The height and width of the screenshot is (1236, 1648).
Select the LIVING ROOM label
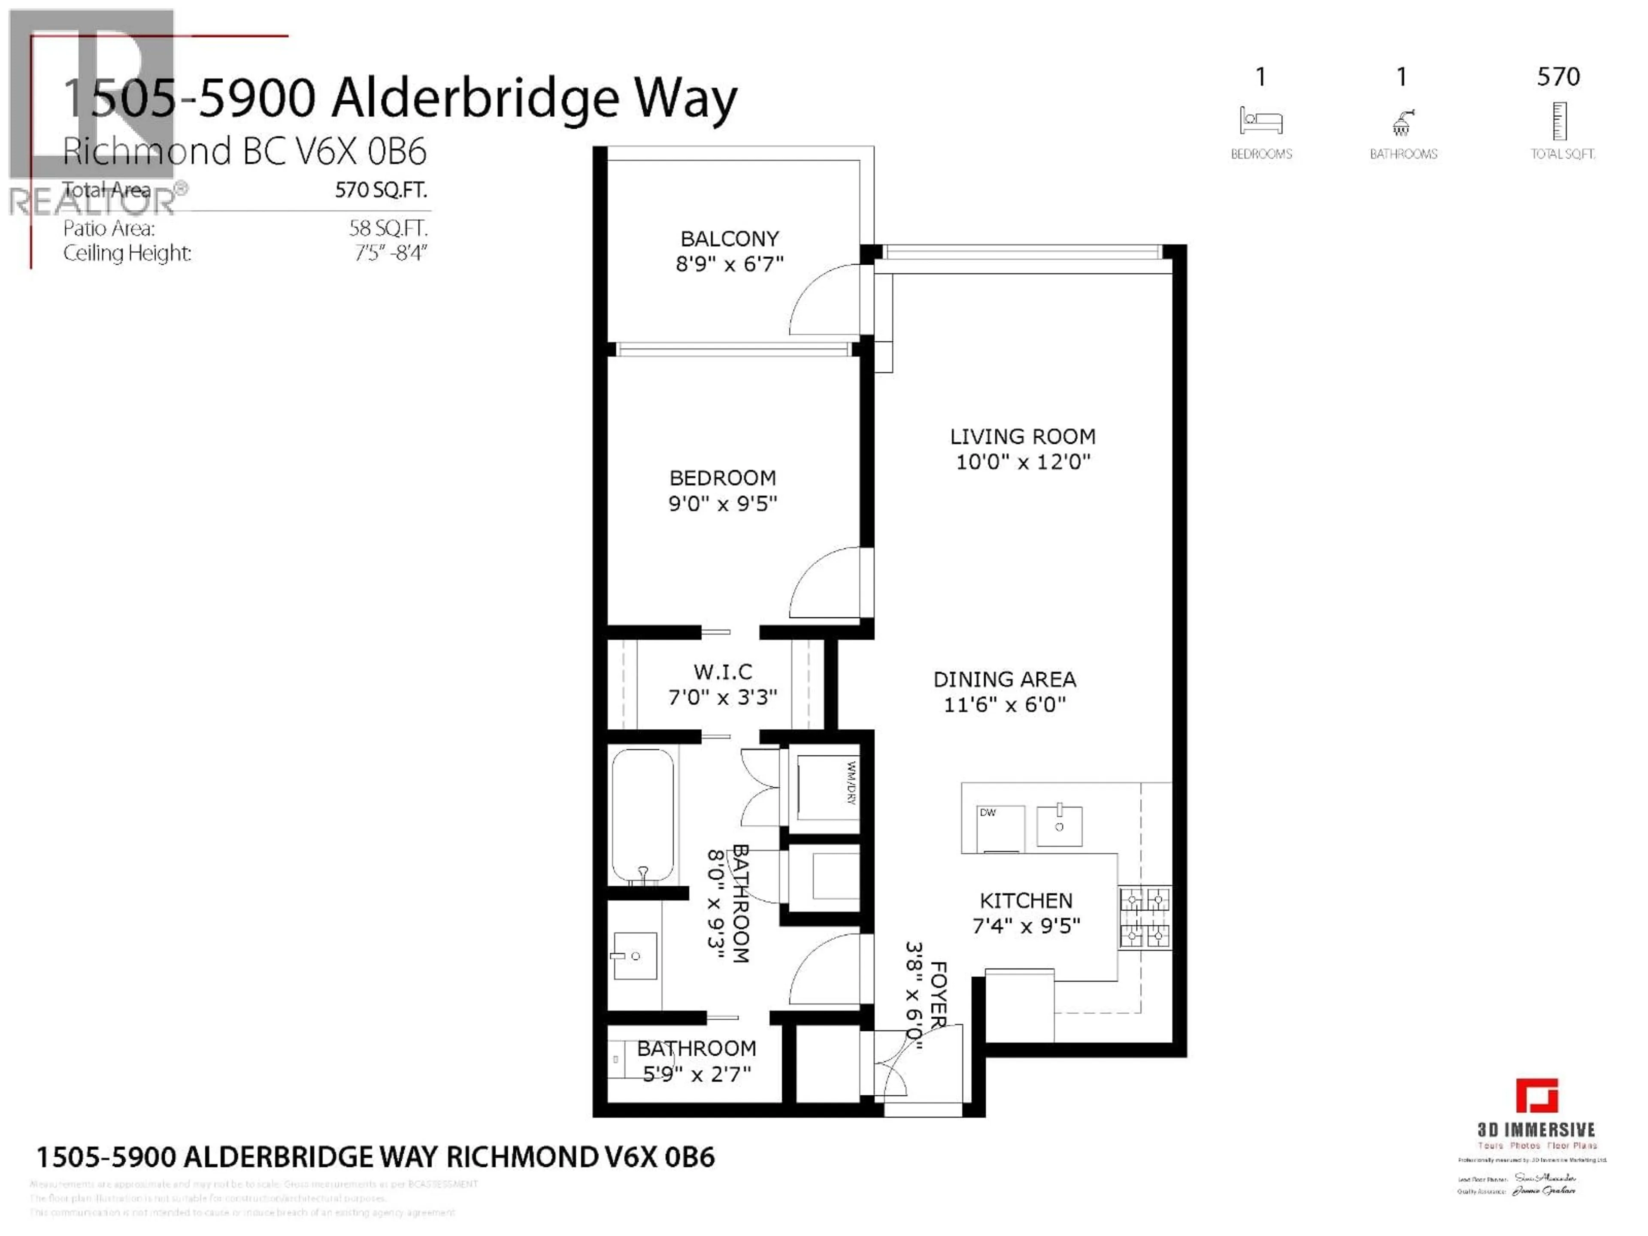pyautogui.click(x=1022, y=436)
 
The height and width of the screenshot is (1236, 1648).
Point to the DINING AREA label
pyautogui.click(x=1004, y=679)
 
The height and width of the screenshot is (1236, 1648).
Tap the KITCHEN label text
pyautogui.click(x=1025, y=901)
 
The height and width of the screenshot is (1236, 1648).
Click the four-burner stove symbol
pyautogui.click(x=1144, y=917)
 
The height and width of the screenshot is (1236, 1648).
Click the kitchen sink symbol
pyautogui.click(x=1059, y=825)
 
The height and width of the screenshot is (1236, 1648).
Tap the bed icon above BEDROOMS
pyautogui.click(x=1260, y=121)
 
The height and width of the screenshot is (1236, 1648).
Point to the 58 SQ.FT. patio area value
pyautogui.click(x=388, y=228)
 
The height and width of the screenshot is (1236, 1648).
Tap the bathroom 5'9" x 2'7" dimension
pyautogui.click(x=697, y=1074)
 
